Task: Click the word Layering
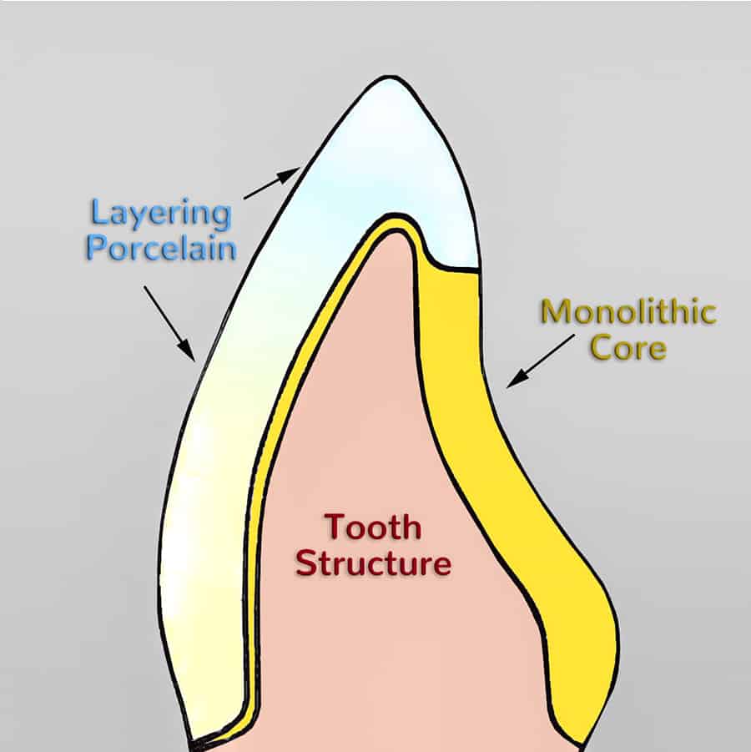(160, 214)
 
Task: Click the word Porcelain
(160, 248)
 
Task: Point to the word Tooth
(373, 527)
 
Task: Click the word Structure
(373, 563)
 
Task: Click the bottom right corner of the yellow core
(578, 739)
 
